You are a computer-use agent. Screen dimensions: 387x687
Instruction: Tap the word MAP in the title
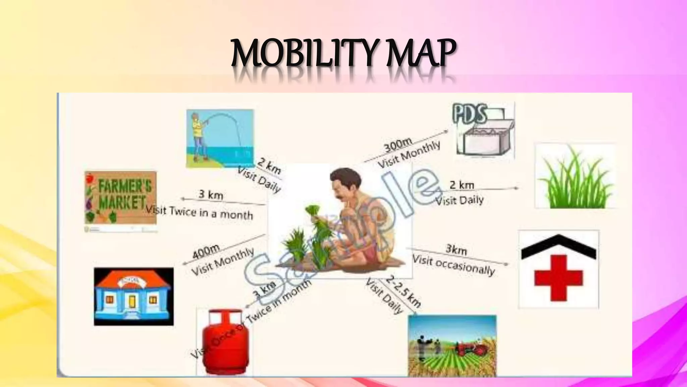(421, 54)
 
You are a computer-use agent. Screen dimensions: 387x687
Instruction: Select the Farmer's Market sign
(120, 198)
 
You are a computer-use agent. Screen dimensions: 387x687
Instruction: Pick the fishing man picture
(220, 138)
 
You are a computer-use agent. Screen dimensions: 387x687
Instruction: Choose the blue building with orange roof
(134, 297)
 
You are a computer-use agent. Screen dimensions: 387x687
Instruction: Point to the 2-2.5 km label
(404, 291)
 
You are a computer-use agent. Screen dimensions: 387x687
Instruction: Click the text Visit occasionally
(453, 265)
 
